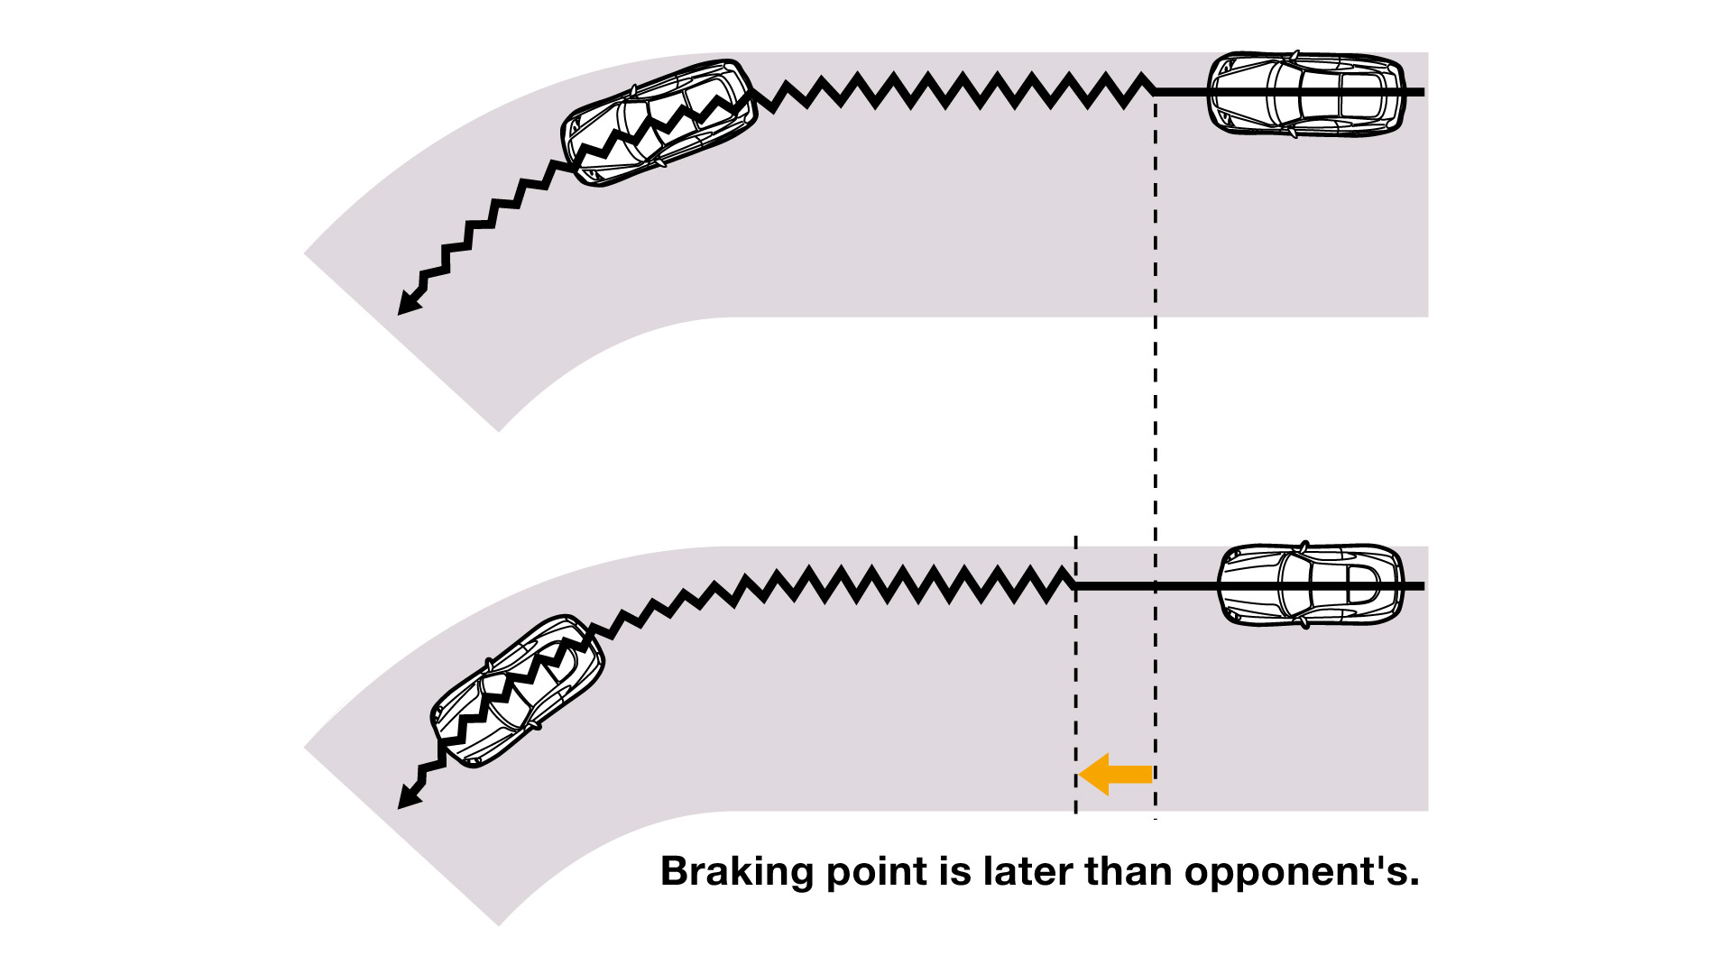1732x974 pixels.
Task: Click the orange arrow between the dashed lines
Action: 1115,774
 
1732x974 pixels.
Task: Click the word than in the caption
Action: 1129,871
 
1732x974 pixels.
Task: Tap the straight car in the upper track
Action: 1305,93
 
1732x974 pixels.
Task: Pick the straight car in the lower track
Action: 1310,585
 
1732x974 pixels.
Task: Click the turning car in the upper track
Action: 658,123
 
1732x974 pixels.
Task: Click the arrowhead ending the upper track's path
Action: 408,304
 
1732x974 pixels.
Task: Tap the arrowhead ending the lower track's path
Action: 408,798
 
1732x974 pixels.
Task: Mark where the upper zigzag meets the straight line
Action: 1155,91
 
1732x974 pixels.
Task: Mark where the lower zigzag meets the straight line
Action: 1075,585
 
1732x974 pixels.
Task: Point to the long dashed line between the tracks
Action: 1156,424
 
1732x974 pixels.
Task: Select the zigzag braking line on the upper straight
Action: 956,91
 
